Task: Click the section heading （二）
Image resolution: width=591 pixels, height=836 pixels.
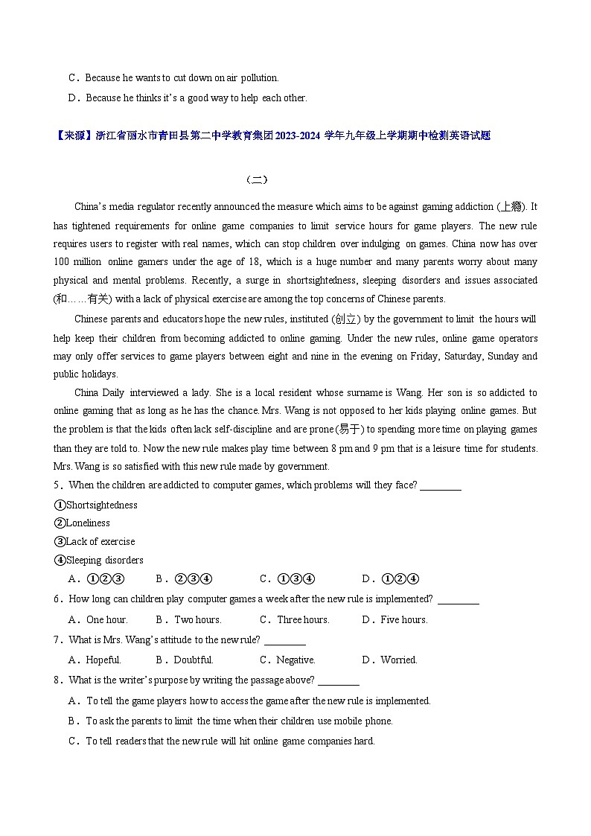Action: click(x=256, y=179)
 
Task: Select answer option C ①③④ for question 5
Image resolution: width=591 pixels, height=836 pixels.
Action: click(x=287, y=579)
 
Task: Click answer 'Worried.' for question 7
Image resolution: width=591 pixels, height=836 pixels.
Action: click(x=398, y=660)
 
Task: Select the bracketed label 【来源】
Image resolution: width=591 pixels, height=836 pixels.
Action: click(x=74, y=135)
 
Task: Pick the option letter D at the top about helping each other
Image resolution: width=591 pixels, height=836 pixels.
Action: click(x=72, y=98)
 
